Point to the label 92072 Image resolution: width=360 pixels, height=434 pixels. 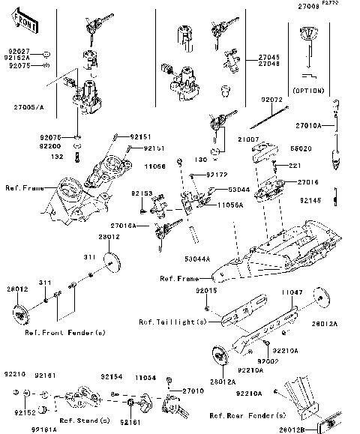pos(271,99)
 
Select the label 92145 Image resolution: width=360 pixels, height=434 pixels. pos(330,200)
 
